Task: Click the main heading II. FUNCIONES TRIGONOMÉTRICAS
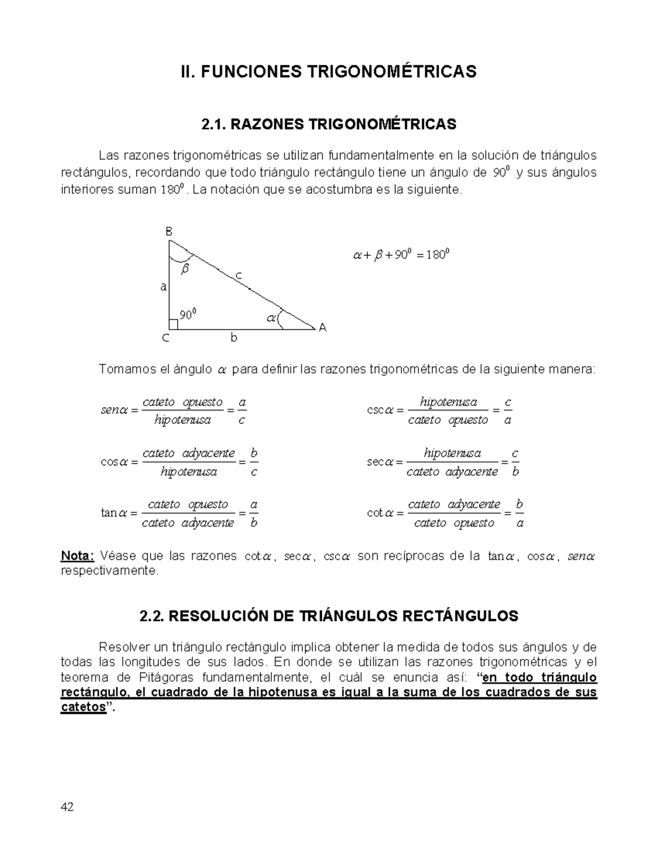pyautogui.click(x=328, y=71)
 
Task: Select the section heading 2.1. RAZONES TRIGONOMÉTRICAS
pyautogui.click(x=328, y=125)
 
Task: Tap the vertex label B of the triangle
pyautogui.click(x=169, y=232)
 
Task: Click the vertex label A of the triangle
pyautogui.click(x=322, y=328)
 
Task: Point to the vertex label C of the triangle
pyautogui.click(x=165, y=338)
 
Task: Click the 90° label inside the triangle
pyautogui.click(x=188, y=314)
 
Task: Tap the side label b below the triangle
pyautogui.click(x=234, y=338)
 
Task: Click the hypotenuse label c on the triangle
pyautogui.click(x=239, y=277)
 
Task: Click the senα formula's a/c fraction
pyautogui.click(x=242, y=411)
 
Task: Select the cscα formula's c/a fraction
pyautogui.click(x=508, y=411)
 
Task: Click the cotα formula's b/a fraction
pyautogui.click(x=520, y=514)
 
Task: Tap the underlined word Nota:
pyautogui.click(x=77, y=556)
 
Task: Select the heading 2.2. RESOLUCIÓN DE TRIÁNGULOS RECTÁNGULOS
pyautogui.click(x=328, y=616)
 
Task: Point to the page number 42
pyautogui.click(x=67, y=807)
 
